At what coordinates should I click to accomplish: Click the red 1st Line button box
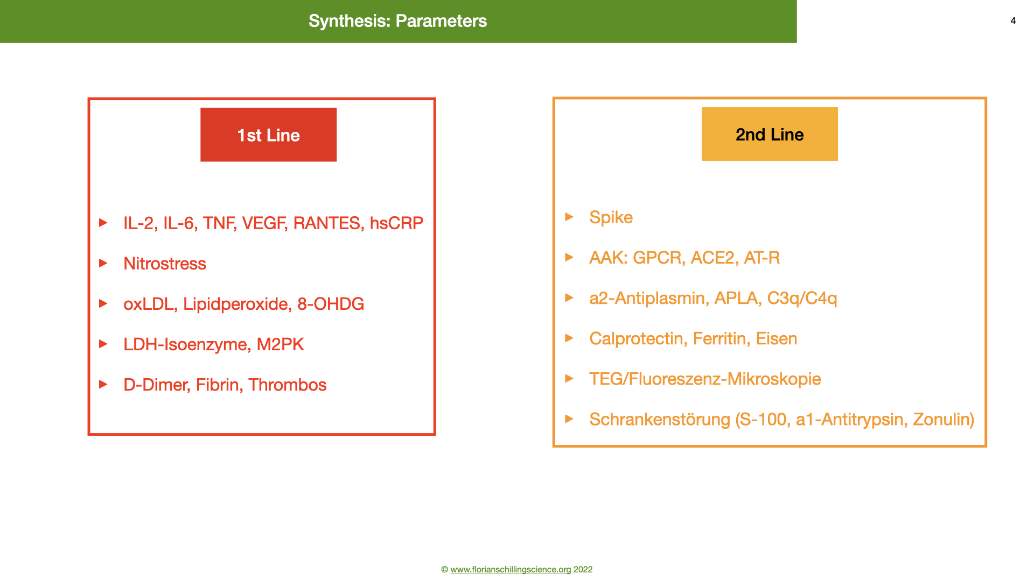tap(268, 134)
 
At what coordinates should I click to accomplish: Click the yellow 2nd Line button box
tap(770, 134)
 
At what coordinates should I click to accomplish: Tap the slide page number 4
tap(1013, 21)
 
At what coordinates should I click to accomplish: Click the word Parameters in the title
tap(441, 21)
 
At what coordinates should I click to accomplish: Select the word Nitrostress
tap(165, 264)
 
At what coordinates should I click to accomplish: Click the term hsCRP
tap(396, 223)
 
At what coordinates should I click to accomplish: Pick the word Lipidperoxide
tap(237, 304)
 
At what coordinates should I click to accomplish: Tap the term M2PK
tap(280, 344)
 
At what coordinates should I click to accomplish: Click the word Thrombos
tap(288, 385)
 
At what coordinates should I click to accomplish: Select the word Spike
tap(611, 217)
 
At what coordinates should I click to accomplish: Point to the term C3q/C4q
tap(802, 298)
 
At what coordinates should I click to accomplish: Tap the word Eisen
tap(777, 338)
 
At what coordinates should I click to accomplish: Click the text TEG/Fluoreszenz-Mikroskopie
tap(705, 379)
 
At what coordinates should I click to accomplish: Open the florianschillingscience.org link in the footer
tap(511, 569)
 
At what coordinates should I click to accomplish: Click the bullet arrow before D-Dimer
tap(103, 384)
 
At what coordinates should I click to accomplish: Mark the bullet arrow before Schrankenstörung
tap(569, 419)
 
